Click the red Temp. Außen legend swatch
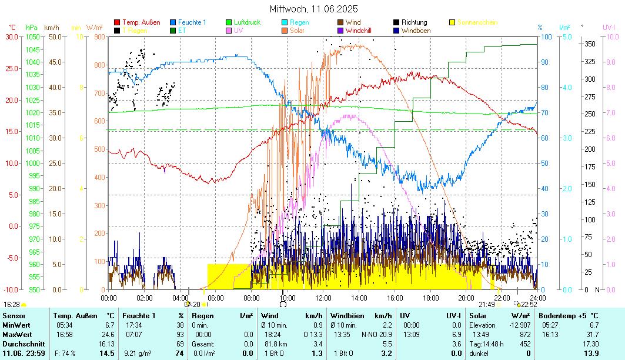click(x=117, y=22)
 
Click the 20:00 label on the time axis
click(x=466, y=298)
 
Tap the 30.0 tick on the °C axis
click(x=12, y=36)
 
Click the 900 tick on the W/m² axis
click(x=98, y=36)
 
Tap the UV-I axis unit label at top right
click(x=609, y=27)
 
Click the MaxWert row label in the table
click(x=16, y=334)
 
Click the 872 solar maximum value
click(x=525, y=334)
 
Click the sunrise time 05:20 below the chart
click(x=192, y=305)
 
